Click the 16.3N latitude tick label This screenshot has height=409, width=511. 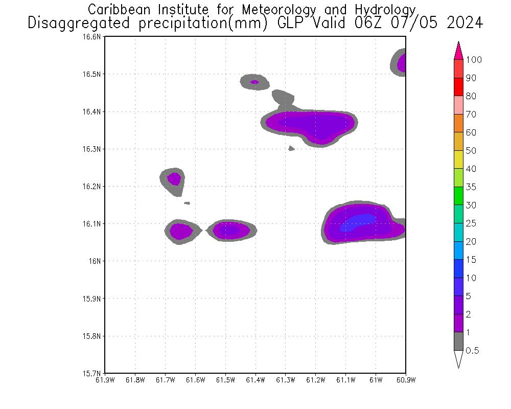94,149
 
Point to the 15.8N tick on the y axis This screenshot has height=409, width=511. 94,336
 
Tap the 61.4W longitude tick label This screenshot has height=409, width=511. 255,380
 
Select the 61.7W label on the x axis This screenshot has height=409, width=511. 165,380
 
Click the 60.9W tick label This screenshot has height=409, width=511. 405,380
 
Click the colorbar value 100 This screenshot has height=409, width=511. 474,60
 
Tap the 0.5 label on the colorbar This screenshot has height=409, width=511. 473,351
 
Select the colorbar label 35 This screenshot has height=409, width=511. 471,187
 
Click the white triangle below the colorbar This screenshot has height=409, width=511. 458,359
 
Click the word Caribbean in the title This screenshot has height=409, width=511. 115,10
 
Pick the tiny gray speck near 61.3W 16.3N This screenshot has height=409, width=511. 291,148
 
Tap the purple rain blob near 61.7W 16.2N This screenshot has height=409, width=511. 174,179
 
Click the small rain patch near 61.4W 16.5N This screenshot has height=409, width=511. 254,82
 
